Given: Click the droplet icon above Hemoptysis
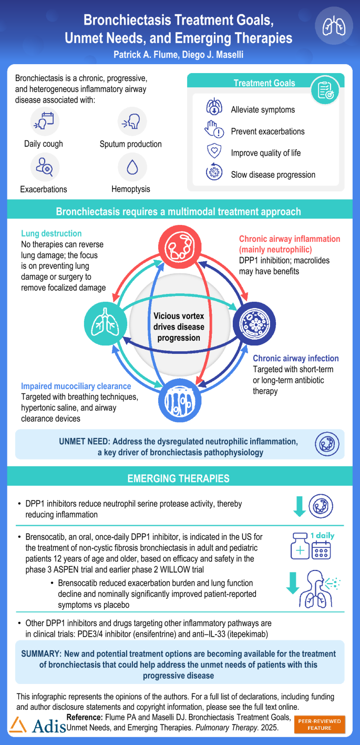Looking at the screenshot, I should tap(131, 167).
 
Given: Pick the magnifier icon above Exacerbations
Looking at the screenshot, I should tap(44, 167).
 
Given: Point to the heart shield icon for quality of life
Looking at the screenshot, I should tap(213, 152).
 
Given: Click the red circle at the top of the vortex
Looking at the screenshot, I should tap(179, 249).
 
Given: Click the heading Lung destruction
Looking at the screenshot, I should tap(52, 233).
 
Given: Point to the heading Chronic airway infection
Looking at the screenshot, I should tap(292, 359).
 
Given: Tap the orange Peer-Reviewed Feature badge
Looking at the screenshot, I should tap(320, 724).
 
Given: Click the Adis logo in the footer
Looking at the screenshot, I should tap(35, 725).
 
